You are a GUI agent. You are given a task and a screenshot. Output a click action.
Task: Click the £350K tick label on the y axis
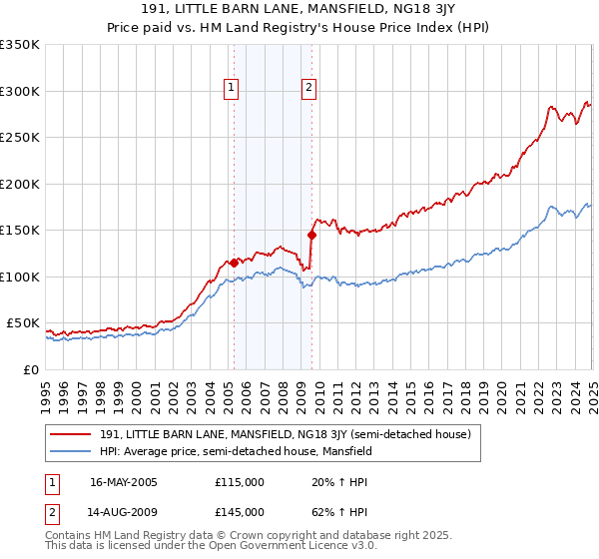coord(20,45)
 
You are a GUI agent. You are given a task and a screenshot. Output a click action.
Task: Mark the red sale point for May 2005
coord(235,263)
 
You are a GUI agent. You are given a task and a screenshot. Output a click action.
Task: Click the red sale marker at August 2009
coord(311,236)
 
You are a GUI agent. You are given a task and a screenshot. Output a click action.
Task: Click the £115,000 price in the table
coord(240,482)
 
